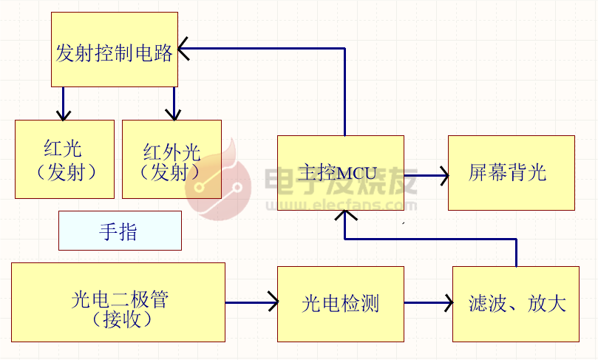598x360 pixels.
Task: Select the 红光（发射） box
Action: point(64,159)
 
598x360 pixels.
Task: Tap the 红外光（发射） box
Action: point(171,159)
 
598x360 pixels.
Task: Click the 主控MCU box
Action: point(340,172)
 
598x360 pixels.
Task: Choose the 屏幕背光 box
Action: point(511,172)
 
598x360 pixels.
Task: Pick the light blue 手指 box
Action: point(120,231)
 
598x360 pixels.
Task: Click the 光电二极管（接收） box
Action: point(118,302)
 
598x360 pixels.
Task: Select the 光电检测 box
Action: point(340,303)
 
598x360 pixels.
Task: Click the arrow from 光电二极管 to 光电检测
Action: point(251,302)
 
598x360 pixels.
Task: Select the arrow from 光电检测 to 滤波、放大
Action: point(428,302)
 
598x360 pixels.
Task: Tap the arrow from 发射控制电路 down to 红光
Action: point(64,103)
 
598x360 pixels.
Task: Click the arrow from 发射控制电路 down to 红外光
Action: point(174,103)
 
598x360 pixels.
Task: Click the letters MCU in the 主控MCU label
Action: point(357,174)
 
